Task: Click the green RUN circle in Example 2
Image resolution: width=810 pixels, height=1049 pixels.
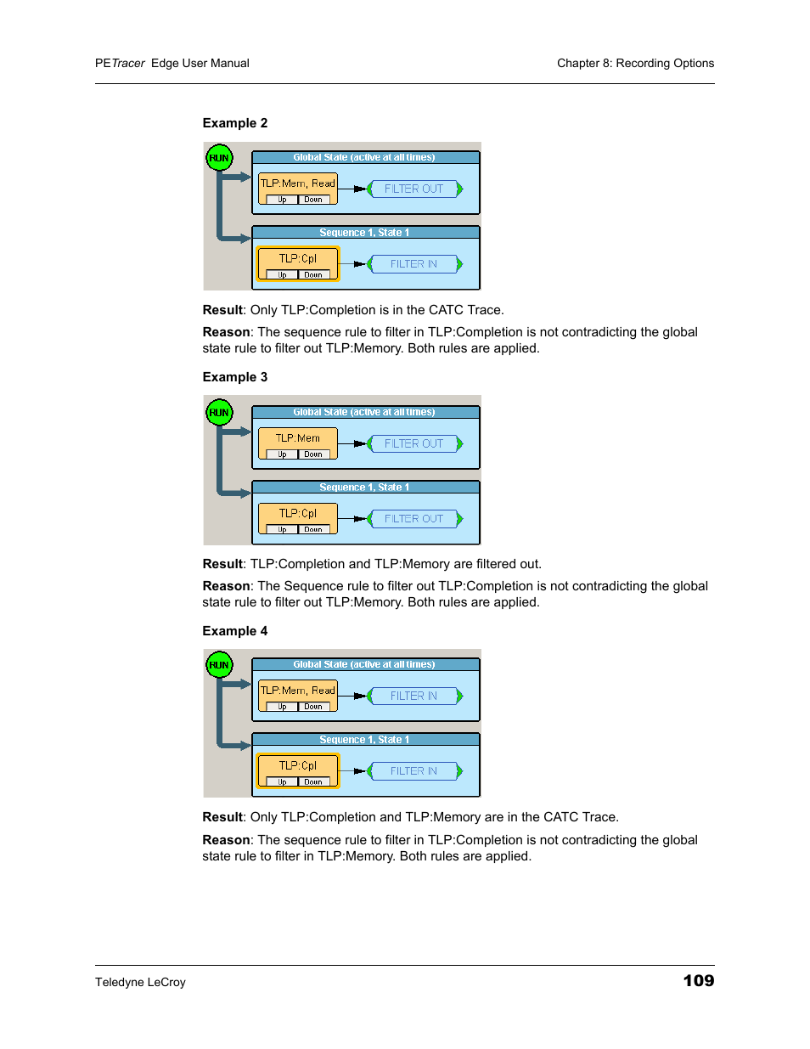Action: tap(219, 158)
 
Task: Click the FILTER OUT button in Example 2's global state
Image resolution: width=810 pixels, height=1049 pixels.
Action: tap(414, 189)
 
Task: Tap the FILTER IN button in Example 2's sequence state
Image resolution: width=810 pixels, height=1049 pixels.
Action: tap(414, 264)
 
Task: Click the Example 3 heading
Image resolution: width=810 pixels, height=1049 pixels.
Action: tap(234, 377)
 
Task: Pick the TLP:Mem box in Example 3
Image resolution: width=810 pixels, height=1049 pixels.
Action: tap(298, 438)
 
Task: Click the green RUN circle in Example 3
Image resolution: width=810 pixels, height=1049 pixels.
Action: tap(219, 413)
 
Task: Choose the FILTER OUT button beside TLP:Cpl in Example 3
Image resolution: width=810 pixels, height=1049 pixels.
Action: tap(414, 518)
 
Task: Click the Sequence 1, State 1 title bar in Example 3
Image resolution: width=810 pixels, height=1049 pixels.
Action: tap(365, 488)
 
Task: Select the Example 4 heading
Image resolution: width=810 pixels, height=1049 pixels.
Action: tap(234, 631)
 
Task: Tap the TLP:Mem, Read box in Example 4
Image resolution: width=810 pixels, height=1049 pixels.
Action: tap(298, 691)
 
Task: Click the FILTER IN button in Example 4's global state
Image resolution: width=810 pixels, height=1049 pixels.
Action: tap(414, 696)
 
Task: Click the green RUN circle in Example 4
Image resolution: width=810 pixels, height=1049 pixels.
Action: tap(219, 665)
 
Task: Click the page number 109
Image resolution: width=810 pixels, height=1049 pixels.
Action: tap(698, 981)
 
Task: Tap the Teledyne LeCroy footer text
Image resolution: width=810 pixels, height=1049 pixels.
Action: tap(140, 982)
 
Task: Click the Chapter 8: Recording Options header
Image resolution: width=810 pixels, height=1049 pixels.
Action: tap(635, 63)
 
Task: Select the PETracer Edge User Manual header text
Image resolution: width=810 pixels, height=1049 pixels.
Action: tap(172, 63)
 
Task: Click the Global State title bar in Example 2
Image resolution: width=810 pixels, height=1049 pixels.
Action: tap(365, 157)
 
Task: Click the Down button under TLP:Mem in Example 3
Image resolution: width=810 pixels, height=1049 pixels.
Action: tap(313, 454)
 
